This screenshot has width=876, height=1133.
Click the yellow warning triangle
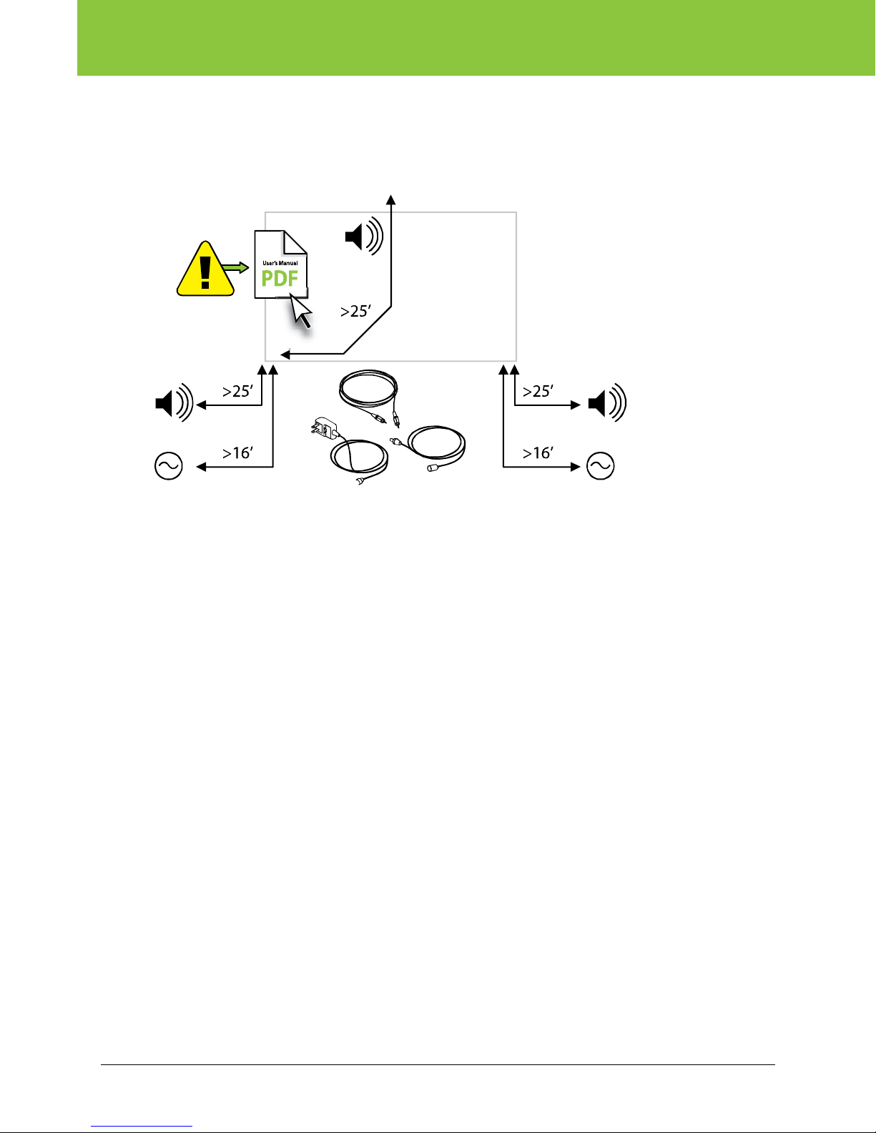coord(206,272)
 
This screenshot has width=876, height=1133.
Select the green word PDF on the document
coord(280,278)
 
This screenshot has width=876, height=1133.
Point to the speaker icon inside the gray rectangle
coord(364,236)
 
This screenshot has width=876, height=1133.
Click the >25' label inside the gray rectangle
coord(356,311)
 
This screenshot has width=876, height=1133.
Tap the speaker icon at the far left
coord(174,404)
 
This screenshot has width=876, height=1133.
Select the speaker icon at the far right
coord(606,404)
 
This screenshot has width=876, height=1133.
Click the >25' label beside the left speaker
coord(237,391)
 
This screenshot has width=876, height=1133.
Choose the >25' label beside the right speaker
coord(538,391)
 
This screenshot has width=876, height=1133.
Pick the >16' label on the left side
coord(237,453)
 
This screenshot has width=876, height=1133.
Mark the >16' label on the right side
coord(538,453)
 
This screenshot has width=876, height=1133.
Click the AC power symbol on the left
coord(169,466)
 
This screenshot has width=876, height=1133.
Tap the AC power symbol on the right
coord(600,466)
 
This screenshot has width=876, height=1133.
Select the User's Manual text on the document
coord(280,263)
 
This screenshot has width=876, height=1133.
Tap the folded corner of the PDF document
coord(296,242)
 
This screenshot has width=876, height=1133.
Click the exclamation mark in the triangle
coord(206,273)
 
